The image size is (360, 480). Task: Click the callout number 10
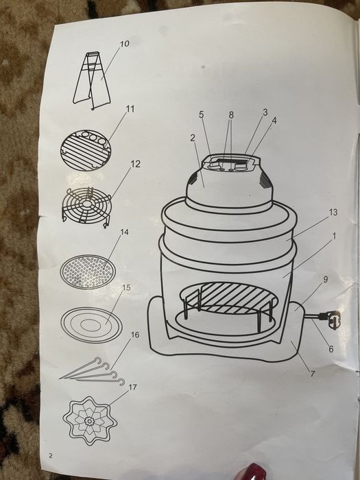click(x=125, y=44)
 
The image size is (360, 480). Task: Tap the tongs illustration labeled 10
click(x=92, y=81)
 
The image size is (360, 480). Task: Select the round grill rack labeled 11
click(x=86, y=150)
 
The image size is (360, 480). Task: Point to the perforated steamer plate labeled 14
click(x=88, y=272)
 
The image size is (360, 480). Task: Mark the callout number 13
click(x=333, y=212)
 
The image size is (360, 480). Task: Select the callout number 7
click(x=313, y=374)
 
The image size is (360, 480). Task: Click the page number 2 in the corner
click(x=51, y=456)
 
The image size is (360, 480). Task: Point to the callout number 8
click(x=231, y=115)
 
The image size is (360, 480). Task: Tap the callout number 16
click(x=134, y=335)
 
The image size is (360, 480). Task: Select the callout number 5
click(x=201, y=115)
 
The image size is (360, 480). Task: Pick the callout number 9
click(x=326, y=279)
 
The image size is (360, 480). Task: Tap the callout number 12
click(x=135, y=164)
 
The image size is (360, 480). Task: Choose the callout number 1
click(x=334, y=236)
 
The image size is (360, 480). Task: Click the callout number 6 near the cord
click(x=331, y=348)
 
